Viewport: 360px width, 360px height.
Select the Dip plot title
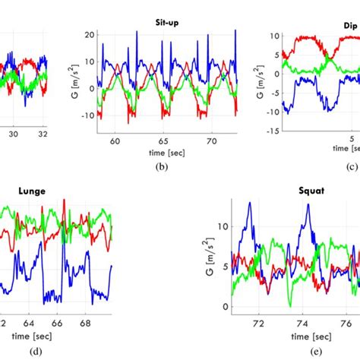point(349,24)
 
